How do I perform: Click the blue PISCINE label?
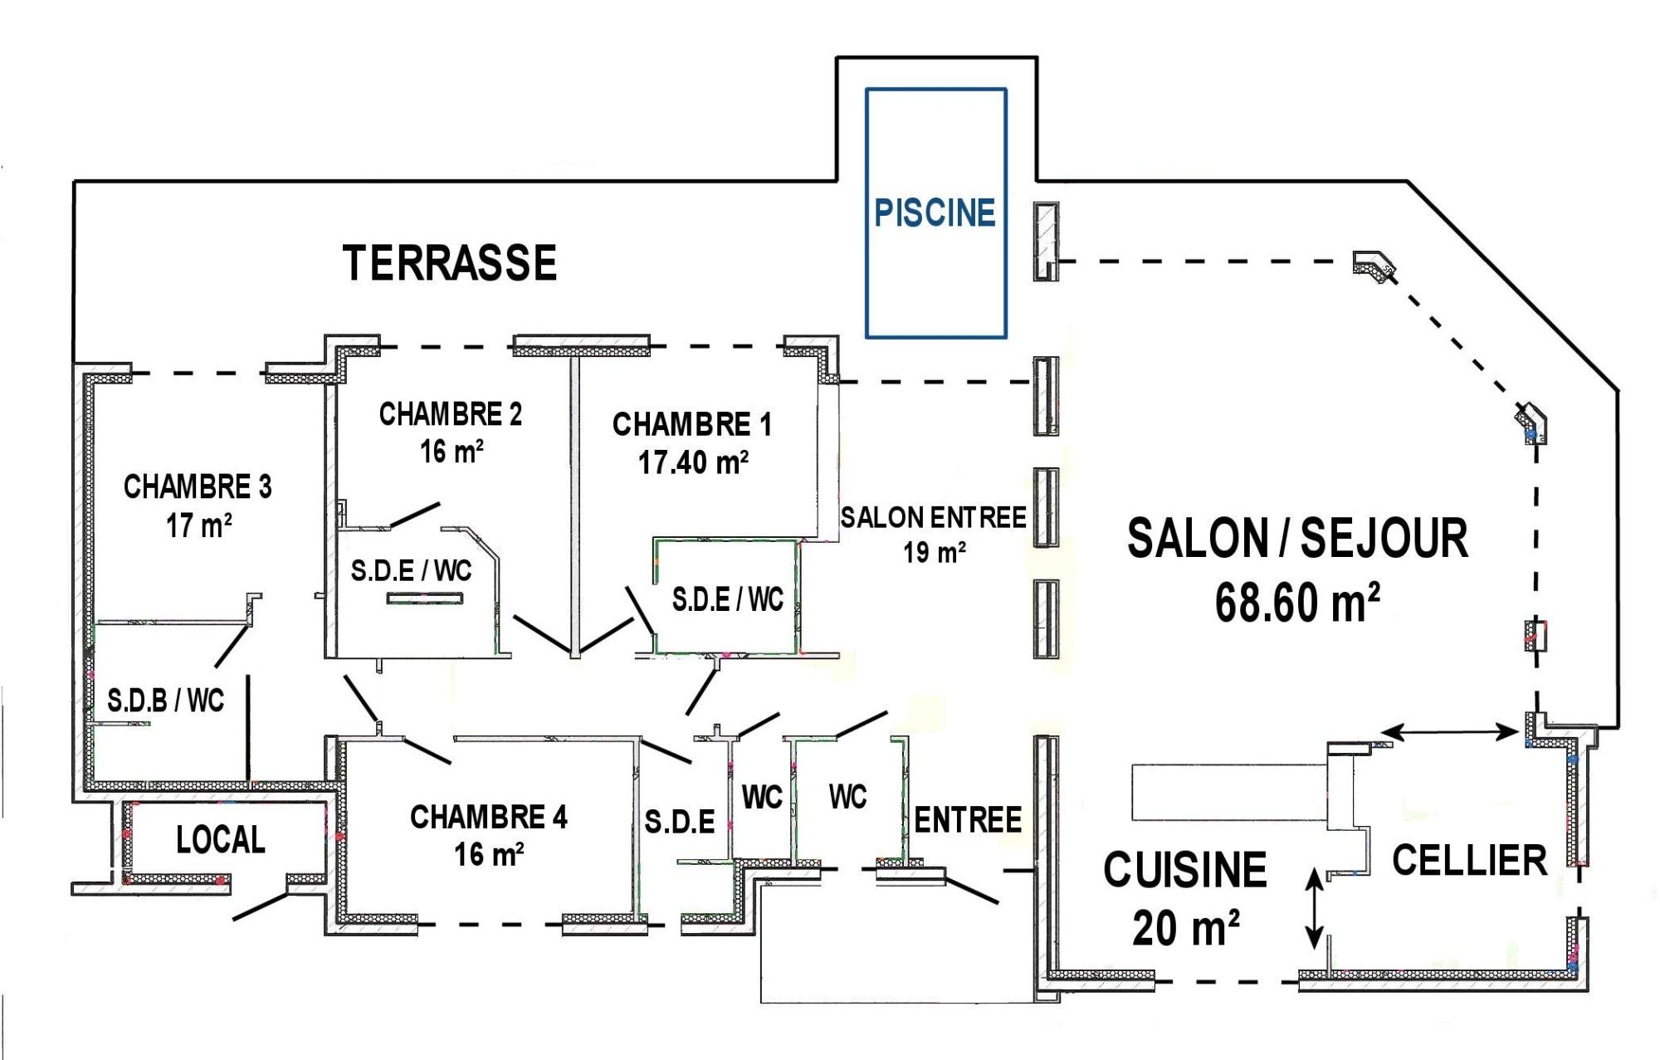pos(935,212)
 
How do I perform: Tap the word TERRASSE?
pos(449,262)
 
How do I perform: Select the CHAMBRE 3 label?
pos(198,486)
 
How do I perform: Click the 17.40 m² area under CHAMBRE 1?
pos(693,462)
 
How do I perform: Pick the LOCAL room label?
pos(221,840)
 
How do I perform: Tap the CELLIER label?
pos(1469,860)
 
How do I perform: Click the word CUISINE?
pos(1184,869)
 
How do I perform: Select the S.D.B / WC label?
pos(166,701)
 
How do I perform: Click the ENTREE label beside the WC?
pos(968,820)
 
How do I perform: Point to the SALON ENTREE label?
pos(933,518)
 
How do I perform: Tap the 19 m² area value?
pos(935,552)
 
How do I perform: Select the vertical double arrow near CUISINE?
pos(1314,906)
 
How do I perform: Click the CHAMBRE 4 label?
pos(489,817)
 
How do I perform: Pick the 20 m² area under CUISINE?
pos(1186,927)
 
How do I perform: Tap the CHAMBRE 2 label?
pos(451,414)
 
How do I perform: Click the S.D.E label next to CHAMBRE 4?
pos(680,822)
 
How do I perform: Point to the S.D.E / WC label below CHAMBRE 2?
pos(411,570)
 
